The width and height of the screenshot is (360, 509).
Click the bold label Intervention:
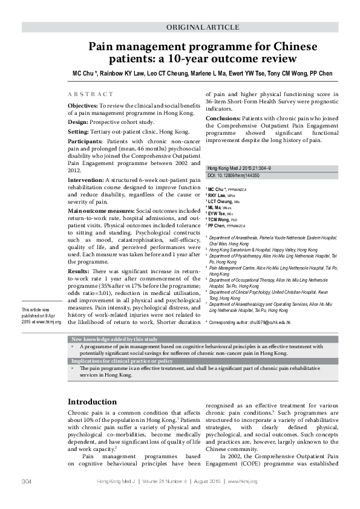86,180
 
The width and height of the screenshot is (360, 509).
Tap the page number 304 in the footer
27,481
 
